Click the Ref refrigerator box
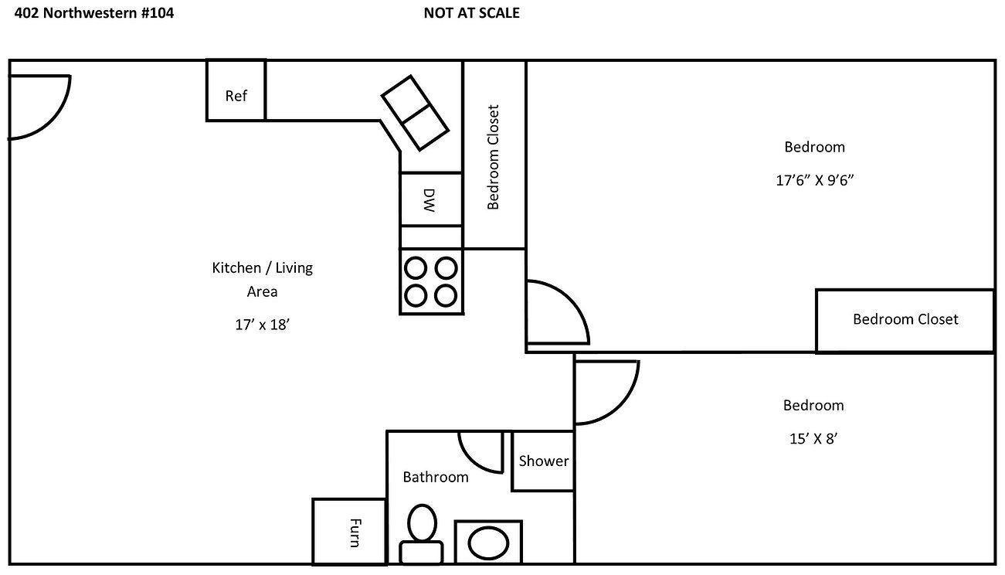click(x=236, y=90)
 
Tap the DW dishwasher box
click(x=431, y=199)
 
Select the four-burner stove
click(x=431, y=282)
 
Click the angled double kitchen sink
click(x=415, y=113)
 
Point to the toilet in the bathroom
click(x=422, y=534)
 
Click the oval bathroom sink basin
click(x=488, y=543)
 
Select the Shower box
click(x=543, y=461)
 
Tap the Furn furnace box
click(x=349, y=532)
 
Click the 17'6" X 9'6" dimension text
click(x=814, y=180)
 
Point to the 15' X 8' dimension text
click(x=813, y=438)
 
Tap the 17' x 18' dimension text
click(x=263, y=325)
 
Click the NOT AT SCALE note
click(x=471, y=13)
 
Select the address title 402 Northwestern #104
click(x=94, y=13)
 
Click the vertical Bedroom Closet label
click(x=493, y=157)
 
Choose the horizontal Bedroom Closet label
click(x=905, y=319)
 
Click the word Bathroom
click(x=436, y=477)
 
